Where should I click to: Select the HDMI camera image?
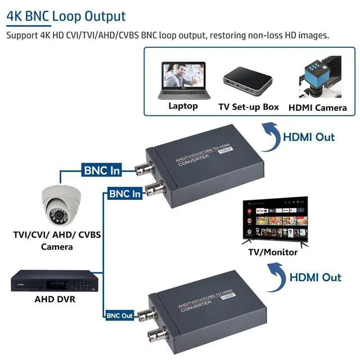318,78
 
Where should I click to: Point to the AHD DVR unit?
57,281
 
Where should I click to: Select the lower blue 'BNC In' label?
125,194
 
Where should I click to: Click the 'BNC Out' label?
119,316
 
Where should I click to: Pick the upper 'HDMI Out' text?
308,137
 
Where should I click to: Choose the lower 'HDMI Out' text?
315,277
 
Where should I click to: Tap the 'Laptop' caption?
183,106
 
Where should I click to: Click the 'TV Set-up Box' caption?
249,106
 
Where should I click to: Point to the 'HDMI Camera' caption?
318,107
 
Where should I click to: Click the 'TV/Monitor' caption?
273,252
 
